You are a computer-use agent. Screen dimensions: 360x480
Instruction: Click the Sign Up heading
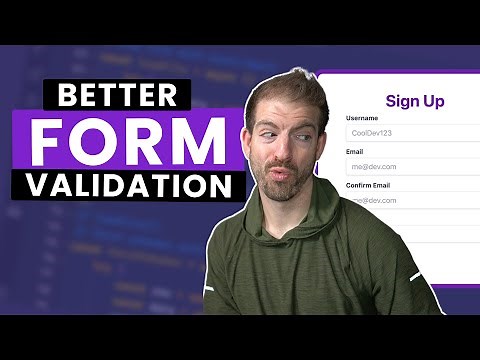(x=414, y=100)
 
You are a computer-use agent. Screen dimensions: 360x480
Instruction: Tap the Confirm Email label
(x=372, y=186)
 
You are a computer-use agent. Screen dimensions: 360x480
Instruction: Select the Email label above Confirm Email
(x=355, y=152)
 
